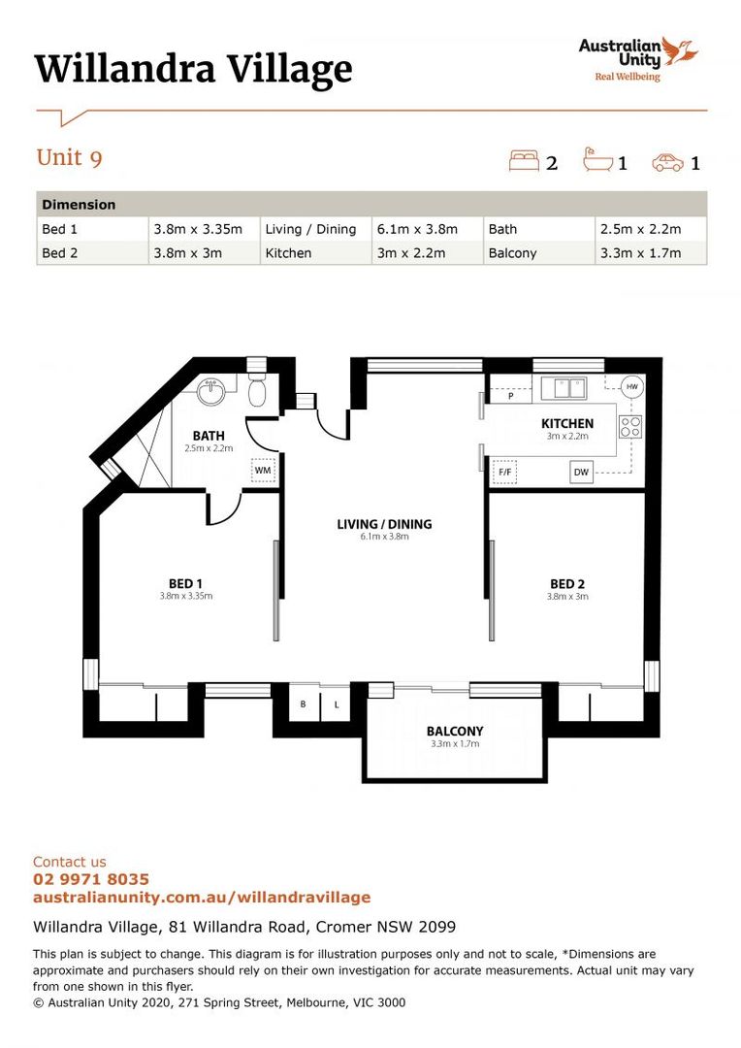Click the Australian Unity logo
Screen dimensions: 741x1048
637,59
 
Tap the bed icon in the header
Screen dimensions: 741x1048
524,161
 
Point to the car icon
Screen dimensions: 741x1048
667,162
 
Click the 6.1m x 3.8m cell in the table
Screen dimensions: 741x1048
417,229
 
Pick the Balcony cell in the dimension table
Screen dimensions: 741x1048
512,253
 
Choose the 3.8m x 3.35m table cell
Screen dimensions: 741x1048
198,229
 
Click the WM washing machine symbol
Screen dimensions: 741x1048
263,470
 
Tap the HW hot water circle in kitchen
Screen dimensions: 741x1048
632,386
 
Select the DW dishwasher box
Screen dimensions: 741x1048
581,472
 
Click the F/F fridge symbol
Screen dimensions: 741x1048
505,472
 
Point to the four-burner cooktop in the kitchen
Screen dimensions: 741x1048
630,426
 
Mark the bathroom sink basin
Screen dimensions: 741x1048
213,392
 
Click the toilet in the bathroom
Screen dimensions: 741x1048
257,390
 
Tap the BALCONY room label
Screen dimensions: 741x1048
455,732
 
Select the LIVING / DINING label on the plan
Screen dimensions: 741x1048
384,525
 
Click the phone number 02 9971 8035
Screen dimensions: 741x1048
91,879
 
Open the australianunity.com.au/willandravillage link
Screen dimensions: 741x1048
202,897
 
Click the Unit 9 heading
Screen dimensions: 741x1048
70,158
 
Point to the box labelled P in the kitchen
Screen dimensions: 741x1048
511,396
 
